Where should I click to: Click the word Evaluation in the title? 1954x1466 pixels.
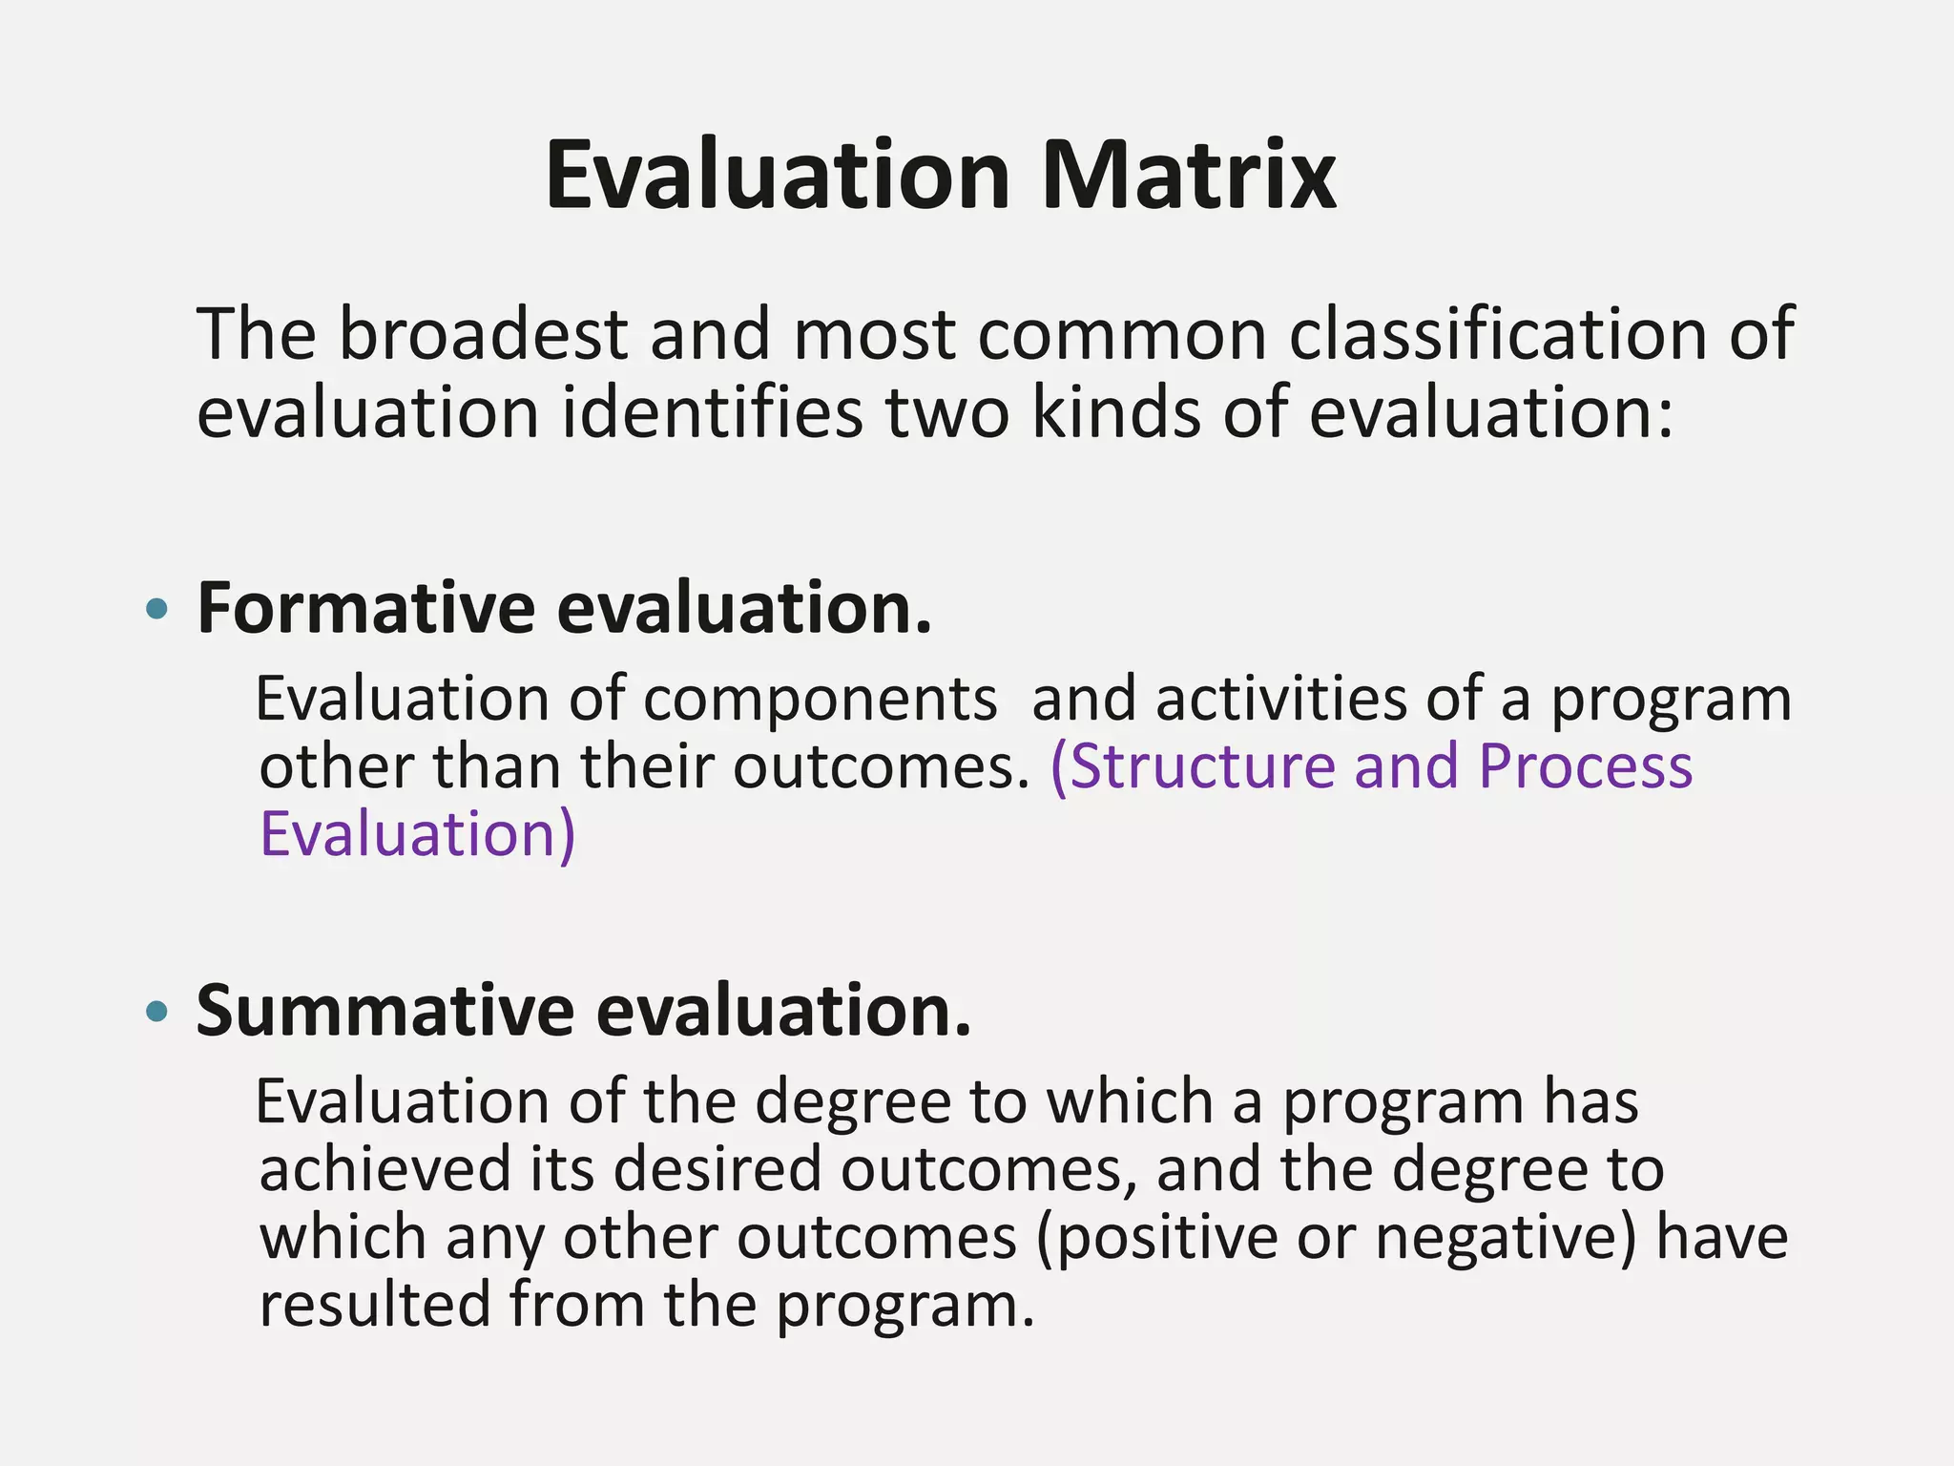coord(777,177)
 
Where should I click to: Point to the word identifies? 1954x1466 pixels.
coord(712,413)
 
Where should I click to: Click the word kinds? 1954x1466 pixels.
coord(1116,413)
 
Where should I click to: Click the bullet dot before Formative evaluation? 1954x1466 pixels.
coord(157,609)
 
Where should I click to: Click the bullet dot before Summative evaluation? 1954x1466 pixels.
coord(157,1012)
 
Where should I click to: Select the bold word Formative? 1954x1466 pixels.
coord(365,609)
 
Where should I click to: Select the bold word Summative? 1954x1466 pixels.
coord(385,1012)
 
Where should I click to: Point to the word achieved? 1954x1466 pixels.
coord(385,1171)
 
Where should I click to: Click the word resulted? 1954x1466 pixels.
coord(374,1306)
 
